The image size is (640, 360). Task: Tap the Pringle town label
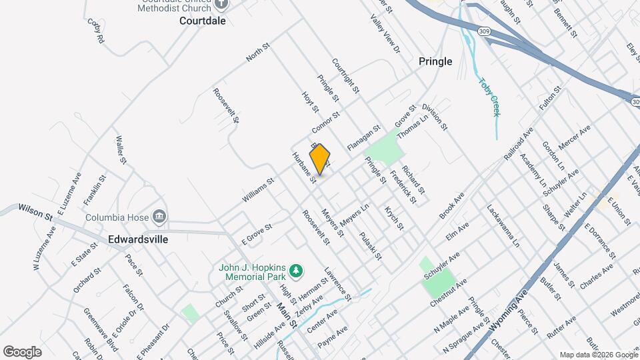click(435, 61)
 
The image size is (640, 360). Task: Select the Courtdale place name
click(203, 21)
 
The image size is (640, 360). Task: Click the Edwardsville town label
click(139, 239)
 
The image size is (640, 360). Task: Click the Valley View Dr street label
click(386, 34)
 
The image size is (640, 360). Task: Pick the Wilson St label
click(35, 211)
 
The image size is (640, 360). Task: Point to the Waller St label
click(121, 150)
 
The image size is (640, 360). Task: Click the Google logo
click(22, 351)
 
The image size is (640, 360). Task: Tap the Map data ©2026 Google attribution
click(598, 355)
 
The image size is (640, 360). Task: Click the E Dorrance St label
click(601, 241)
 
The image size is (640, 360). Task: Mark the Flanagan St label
click(363, 137)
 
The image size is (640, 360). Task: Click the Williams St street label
click(258, 190)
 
